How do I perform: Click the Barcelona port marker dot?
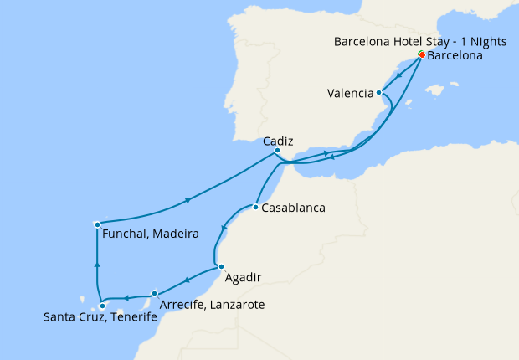tap(421, 55)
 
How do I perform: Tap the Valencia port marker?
tap(379, 93)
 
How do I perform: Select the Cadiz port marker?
tap(277, 151)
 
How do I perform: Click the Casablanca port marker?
tap(254, 207)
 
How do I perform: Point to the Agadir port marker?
tap(221, 267)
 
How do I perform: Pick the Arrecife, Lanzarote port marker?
tap(155, 294)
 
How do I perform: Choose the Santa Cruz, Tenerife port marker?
tap(102, 306)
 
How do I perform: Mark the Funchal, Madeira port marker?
tap(98, 224)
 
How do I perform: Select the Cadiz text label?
tap(277, 141)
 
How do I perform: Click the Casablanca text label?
tap(293, 208)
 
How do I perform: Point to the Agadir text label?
tap(244, 277)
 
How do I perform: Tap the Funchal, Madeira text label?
tap(150, 234)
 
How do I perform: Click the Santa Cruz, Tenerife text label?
tap(100, 317)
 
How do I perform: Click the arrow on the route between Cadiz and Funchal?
tap(188, 200)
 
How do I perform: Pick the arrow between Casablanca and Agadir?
tap(223, 228)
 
